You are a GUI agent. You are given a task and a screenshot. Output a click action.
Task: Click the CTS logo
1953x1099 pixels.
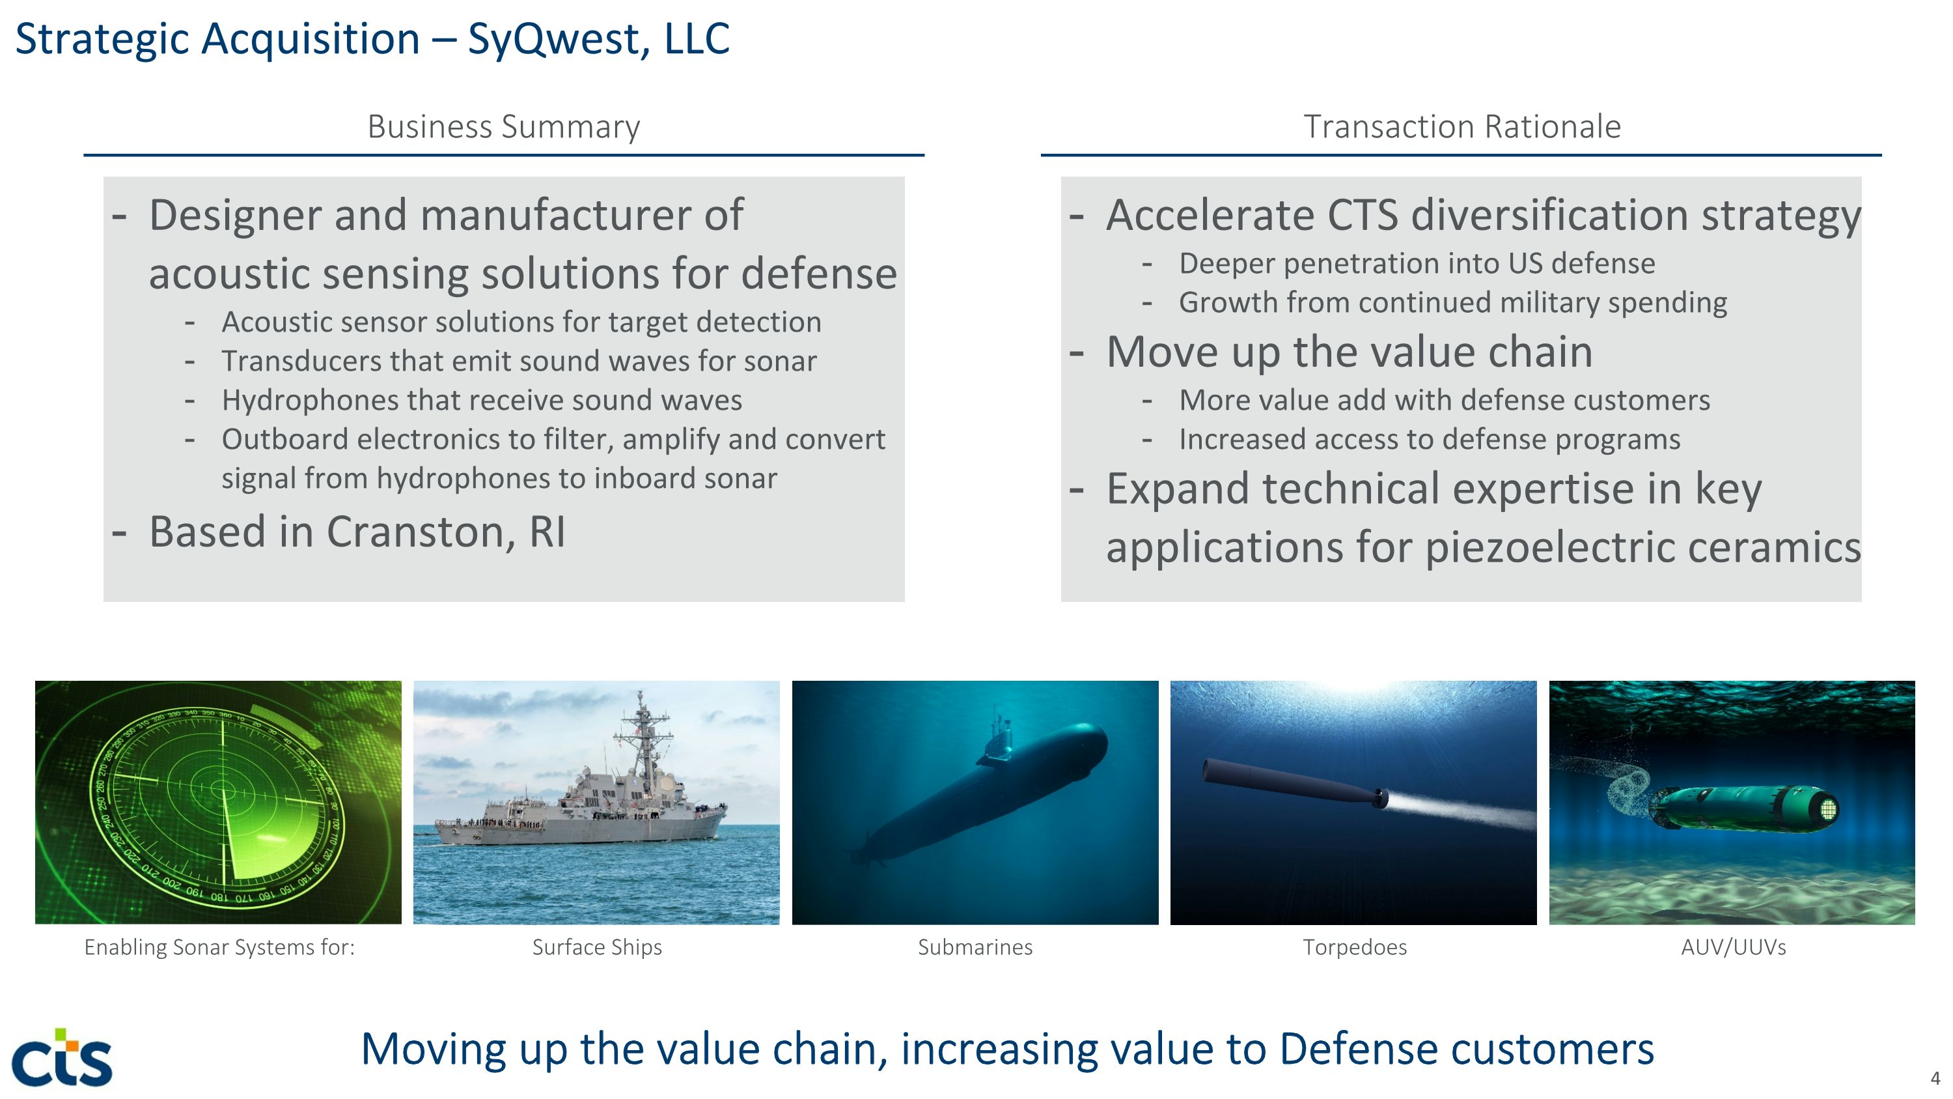pyautogui.click(x=62, y=1057)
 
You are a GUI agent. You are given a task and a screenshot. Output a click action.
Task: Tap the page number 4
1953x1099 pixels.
pyautogui.click(x=1935, y=1078)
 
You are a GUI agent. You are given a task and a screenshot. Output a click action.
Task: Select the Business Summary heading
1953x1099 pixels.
pyautogui.click(x=503, y=126)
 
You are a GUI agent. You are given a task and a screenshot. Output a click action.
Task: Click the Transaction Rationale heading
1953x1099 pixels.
pyautogui.click(x=1461, y=126)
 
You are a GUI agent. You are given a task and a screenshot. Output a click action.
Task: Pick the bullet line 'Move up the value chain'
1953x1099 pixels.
pyautogui.click(x=1349, y=352)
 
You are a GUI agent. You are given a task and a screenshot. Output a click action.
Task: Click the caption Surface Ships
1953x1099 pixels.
pyautogui.click(x=597, y=947)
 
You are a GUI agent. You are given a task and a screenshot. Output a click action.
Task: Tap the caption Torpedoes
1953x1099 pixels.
pyautogui.click(x=1354, y=947)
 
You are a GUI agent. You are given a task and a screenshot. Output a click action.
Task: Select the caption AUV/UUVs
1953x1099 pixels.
pyautogui.click(x=1733, y=947)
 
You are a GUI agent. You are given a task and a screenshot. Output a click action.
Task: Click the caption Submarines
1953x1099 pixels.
pyautogui.click(x=975, y=947)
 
